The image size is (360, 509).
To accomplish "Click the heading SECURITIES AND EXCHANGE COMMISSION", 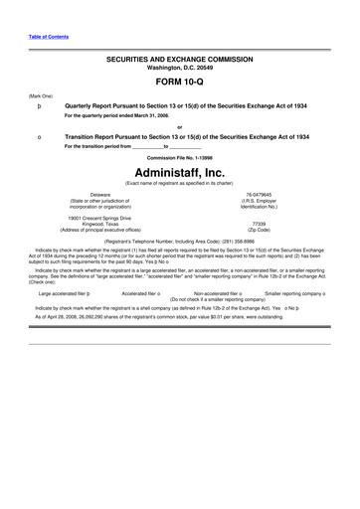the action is point(179,60).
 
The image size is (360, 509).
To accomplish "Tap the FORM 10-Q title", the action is point(179,84).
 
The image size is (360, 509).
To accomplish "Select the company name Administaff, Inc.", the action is point(179,171).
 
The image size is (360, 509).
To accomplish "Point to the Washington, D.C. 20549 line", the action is point(179,68).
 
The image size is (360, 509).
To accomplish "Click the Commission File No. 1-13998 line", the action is point(179,158).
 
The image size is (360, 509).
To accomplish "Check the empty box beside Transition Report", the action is point(37,136).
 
